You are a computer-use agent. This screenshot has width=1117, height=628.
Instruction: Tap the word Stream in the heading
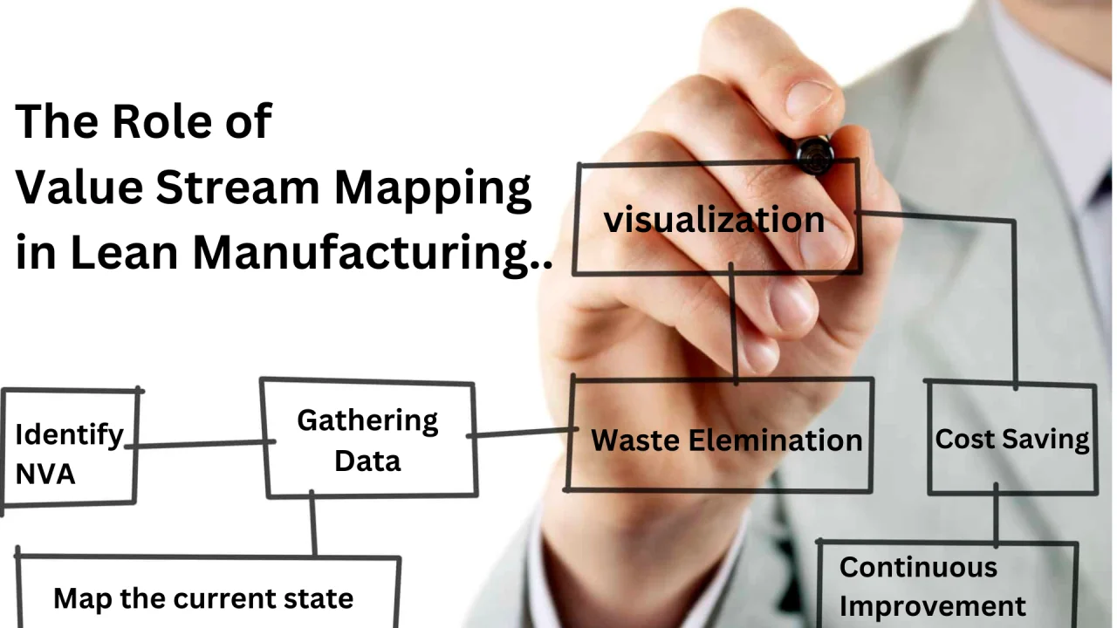click(x=237, y=187)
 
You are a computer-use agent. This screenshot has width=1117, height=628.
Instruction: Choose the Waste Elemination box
click(x=720, y=435)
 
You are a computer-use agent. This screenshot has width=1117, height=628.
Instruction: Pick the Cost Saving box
click(x=1011, y=438)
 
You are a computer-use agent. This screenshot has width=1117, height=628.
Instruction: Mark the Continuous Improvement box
click(x=947, y=584)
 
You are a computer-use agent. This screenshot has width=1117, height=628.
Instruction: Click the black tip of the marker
click(x=815, y=155)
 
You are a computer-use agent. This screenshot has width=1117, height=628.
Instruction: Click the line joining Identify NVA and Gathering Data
click(x=200, y=444)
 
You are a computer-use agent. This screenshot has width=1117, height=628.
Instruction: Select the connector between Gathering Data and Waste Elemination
click(x=522, y=432)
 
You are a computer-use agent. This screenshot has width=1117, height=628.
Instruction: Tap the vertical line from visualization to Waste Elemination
click(x=733, y=324)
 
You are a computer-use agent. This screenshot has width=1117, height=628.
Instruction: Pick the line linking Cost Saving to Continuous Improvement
click(x=996, y=515)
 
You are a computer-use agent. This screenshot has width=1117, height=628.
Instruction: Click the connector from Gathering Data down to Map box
click(x=312, y=523)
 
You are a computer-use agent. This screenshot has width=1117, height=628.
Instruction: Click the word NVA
click(x=45, y=474)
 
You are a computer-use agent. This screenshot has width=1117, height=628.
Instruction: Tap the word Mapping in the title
click(x=432, y=190)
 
